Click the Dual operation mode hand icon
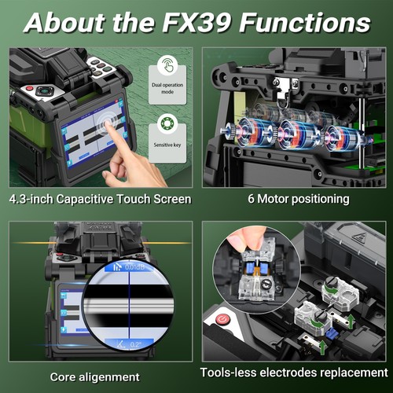[x=167, y=64]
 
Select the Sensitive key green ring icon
[x=167, y=124]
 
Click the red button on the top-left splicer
[x=30, y=89]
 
